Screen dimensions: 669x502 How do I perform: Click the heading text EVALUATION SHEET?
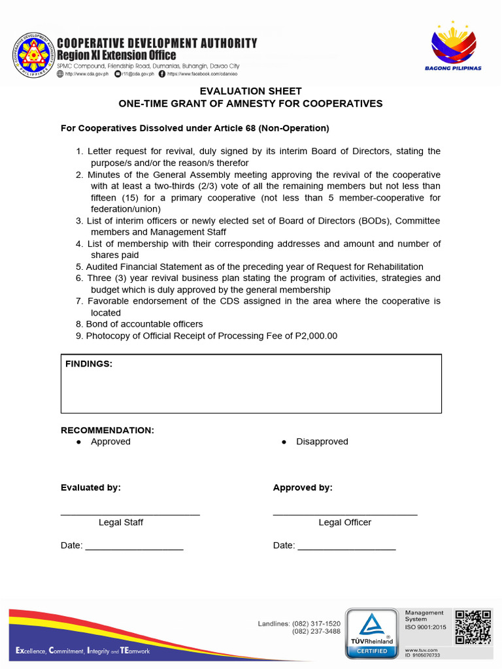point(250,91)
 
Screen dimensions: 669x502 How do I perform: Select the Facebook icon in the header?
point(161,74)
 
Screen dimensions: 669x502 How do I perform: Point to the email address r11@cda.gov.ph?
point(139,74)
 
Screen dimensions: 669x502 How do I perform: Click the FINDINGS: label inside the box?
point(89,364)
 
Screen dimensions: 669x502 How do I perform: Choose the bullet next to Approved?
point(78,442)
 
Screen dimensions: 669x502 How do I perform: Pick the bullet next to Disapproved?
point(284,442)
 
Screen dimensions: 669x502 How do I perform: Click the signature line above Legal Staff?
point(130,515)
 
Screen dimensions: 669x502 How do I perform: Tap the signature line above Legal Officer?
point(344,515)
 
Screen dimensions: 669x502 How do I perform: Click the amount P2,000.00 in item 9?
point(316,336)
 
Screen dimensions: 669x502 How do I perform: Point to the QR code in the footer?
point(473,627)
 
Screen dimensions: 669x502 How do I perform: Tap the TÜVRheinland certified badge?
point(371,633)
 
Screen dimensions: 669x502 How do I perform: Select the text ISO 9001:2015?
point(426,627)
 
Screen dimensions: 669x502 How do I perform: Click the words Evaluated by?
point(91,488)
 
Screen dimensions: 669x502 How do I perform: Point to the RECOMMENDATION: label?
point(107,431)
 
